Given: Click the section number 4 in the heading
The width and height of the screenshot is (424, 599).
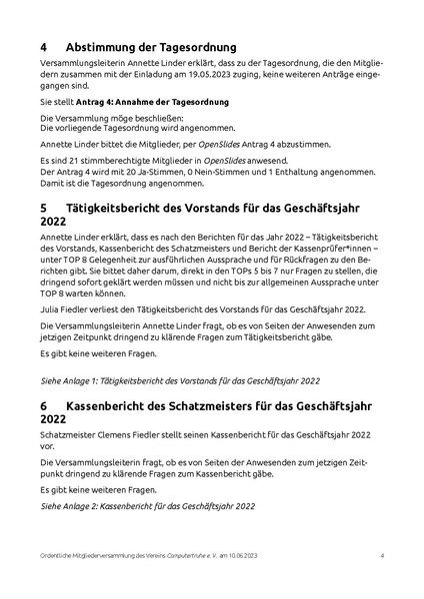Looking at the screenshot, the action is pyautogui.click(x=44, y=47).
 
